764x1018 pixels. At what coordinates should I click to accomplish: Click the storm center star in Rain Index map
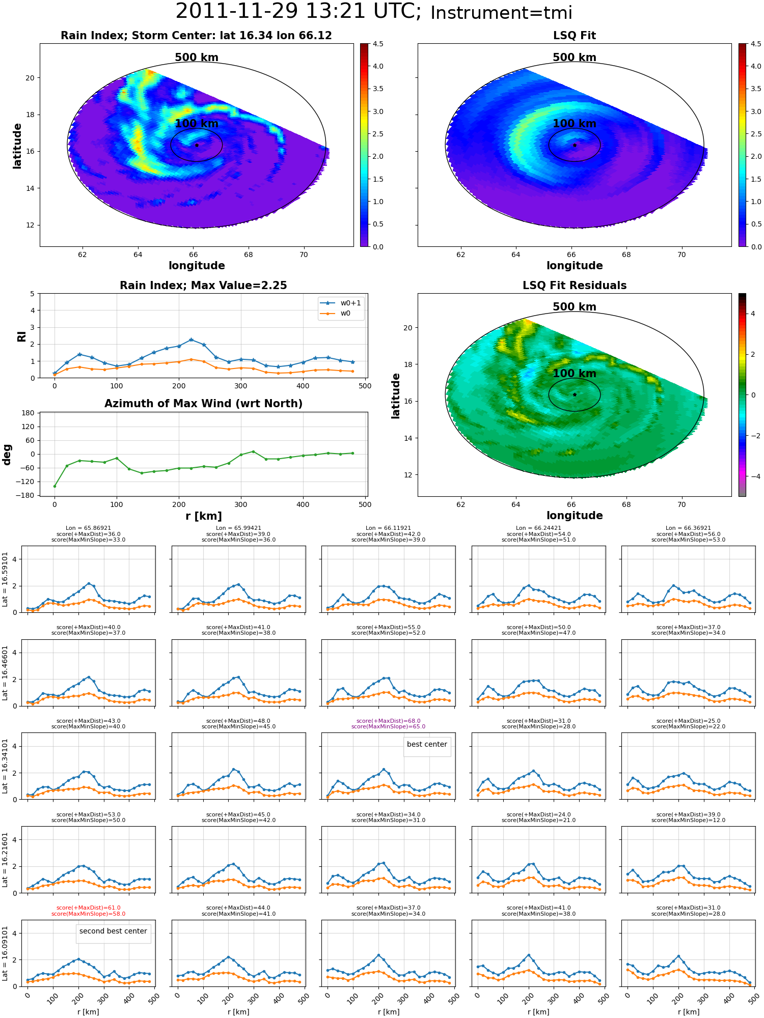coord(197,145)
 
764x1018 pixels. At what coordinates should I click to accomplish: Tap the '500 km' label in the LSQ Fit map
coord(575,58)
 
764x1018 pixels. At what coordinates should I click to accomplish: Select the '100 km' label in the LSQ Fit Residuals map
coord(575,373)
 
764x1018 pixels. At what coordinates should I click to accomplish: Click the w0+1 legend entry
coord(341,303)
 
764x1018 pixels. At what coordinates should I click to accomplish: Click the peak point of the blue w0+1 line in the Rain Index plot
coord(191,340)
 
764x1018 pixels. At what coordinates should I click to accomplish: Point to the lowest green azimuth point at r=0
coord(54,486)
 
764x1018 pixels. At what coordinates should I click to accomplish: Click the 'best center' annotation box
coord(427,744)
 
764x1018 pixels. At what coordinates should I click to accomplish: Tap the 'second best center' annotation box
coord(113,931)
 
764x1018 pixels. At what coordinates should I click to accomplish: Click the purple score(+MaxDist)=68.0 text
coord(388,721)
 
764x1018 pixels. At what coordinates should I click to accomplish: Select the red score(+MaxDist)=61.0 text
coord(88,908)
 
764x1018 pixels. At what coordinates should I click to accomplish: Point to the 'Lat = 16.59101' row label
coord(5,579)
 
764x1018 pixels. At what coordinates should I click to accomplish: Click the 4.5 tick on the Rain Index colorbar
coord(377,44)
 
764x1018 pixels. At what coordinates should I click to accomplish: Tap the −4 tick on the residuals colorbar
coord(753,476)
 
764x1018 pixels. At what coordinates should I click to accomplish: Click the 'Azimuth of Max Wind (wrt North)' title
coord(203,404)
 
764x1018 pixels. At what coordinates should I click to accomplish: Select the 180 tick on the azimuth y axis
coord(28,413)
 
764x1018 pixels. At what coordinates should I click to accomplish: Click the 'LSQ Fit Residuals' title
coord(575,286)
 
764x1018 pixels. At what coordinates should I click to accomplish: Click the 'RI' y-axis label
coord(21,336)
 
